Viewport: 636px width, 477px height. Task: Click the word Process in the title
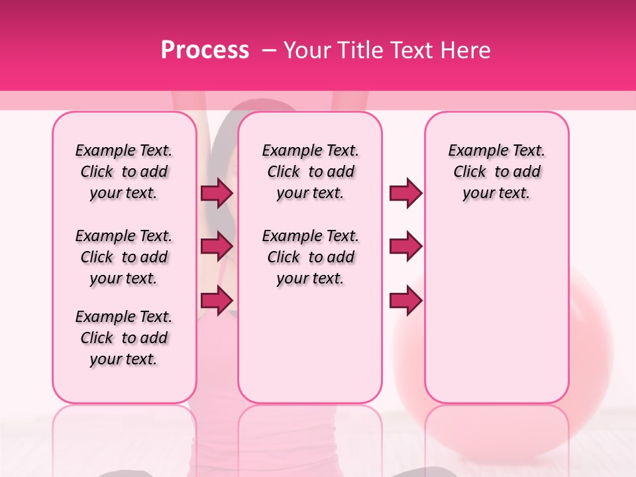[x=205, y=50]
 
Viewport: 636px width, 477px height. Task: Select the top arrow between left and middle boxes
[x=217, y=193]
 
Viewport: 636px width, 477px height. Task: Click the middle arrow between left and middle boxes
[x=217, y=246]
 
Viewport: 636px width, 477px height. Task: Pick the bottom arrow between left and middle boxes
[x=217, y=299]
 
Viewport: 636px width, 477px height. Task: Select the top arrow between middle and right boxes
[x=405, y=193]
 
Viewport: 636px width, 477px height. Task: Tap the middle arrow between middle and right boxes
[x=405, y=246]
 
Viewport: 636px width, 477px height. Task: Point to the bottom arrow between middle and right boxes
[x=405, y=300]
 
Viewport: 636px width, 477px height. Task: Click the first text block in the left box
[x=124, y=172]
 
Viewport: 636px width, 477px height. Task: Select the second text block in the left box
[x=124, y=257]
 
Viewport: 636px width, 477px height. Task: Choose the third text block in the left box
[x=124, y=338]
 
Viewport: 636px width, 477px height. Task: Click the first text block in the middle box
[x=310, y=172]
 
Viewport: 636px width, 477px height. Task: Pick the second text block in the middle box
[x=310, y=257]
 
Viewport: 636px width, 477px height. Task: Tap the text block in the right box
[x=496, y=172]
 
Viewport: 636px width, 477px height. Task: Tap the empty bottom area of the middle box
[x=310, y=351]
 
